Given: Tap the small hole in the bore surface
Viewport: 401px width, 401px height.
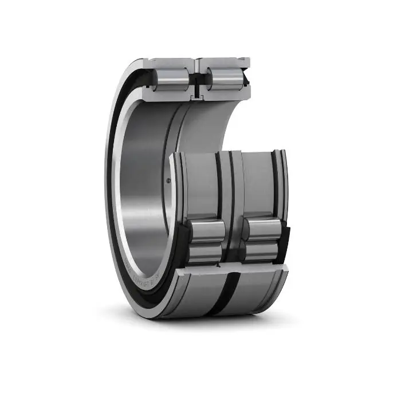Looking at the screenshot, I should pos(169,181).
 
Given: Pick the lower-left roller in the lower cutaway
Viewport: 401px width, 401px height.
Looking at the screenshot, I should pos(205,254).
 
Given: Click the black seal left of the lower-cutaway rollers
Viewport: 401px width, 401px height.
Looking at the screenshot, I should pos(182,243).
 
